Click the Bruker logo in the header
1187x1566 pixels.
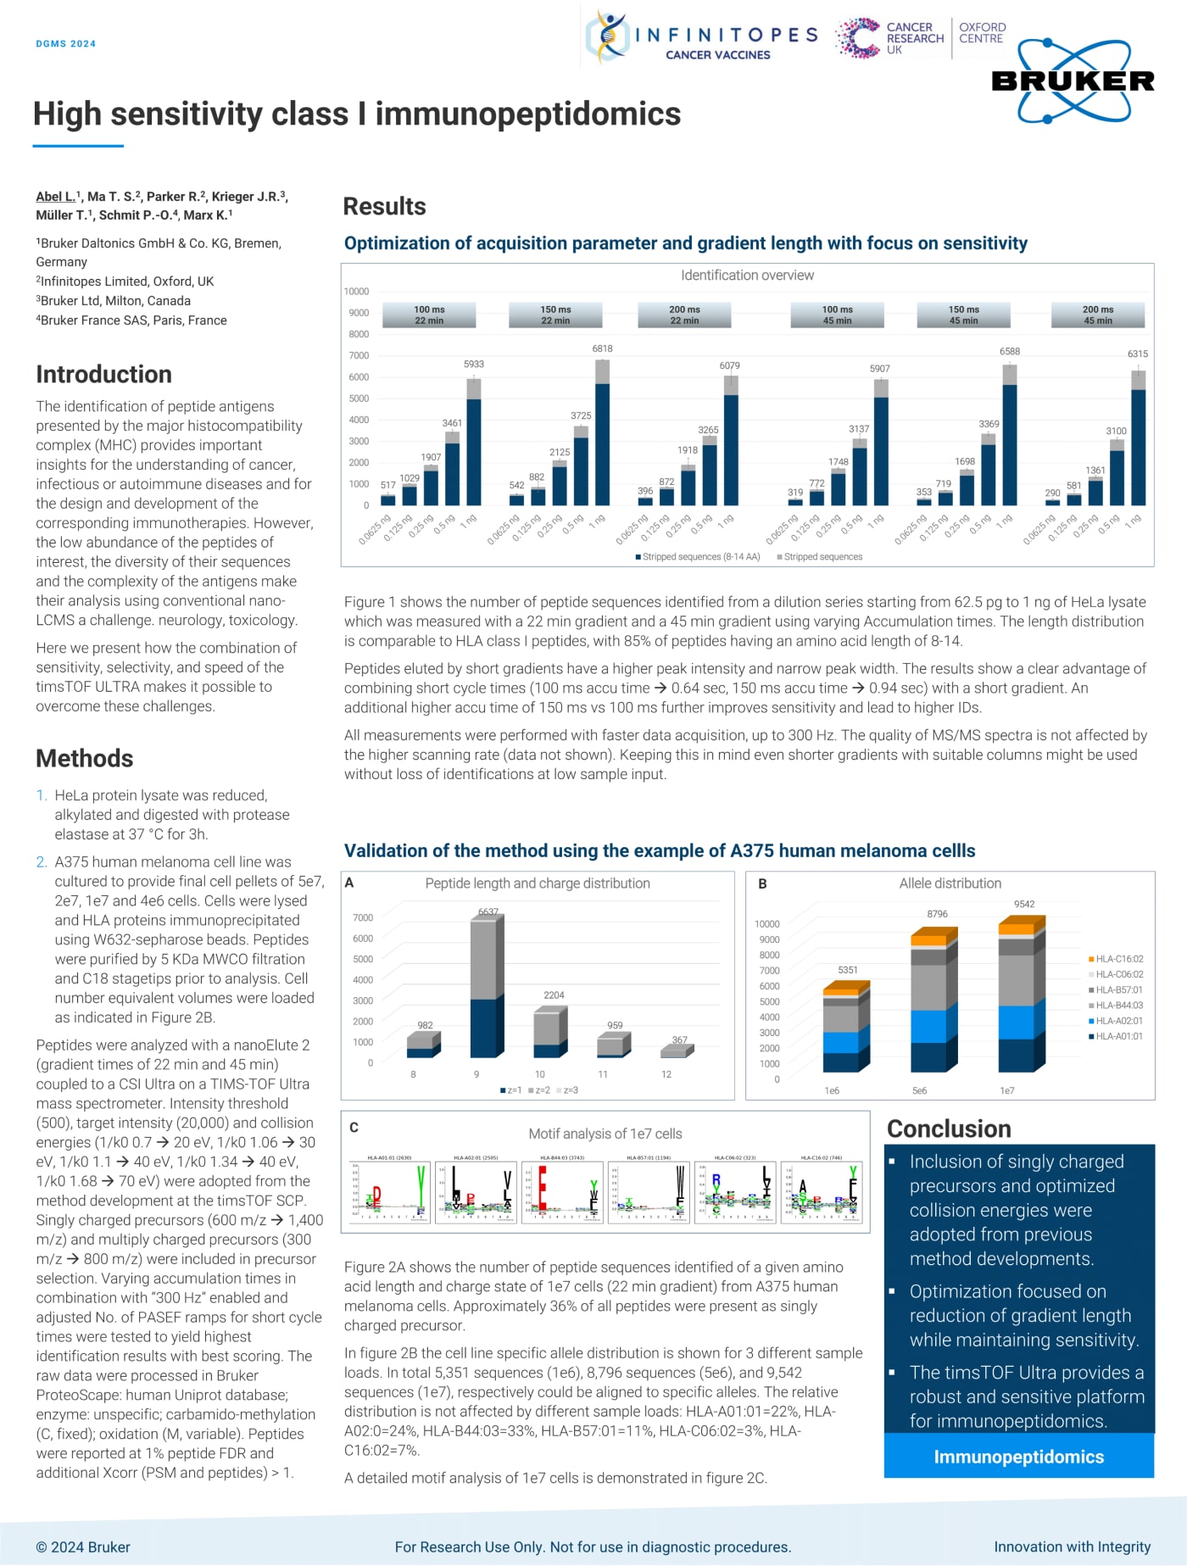click(1073, 81)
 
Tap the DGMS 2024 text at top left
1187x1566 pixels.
click(65, 43)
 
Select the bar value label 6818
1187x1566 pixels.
click(602, 348)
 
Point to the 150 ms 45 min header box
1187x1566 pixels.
click(963, 315)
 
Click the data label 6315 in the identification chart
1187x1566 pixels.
click(1137, 354)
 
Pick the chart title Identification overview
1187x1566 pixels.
click(747, 276)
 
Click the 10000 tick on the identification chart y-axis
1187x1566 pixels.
click(356, 291)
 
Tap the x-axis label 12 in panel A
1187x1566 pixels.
click(666, 1074)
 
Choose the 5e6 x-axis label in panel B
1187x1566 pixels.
click(919, 1090)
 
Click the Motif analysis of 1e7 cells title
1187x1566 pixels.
click(605, 1134)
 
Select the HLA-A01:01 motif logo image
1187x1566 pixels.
click(390, 1192)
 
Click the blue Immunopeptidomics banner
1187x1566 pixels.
click(1018, 1457)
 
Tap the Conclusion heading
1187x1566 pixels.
click(949, 1129)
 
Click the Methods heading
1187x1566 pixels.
click(85, 758)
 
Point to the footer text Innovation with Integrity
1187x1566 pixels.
click(1072, 1546)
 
